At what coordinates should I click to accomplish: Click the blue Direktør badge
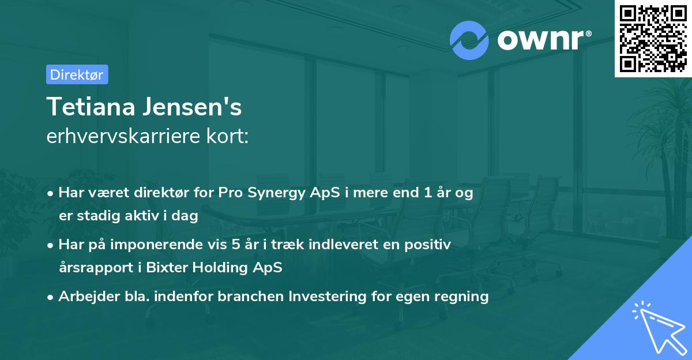(x=77, y=74)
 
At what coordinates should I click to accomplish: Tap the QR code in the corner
(x=653, y=38)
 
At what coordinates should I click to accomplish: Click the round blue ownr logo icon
(x=469, y=40)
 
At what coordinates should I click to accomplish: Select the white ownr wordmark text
(x=544, y=40)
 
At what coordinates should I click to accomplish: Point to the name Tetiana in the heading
(x=91, y=107)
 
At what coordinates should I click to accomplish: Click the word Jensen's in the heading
(x=192, y=107)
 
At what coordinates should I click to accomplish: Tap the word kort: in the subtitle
(x=227, y=136)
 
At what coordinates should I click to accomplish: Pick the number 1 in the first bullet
(x=428, y=192)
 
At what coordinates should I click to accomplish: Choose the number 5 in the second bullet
(x=235, y=245)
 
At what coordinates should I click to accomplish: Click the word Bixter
(x=167, y=267)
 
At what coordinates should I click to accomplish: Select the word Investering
(x=328, y=297)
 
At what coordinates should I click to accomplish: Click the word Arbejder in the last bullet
(x=89, y=297)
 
